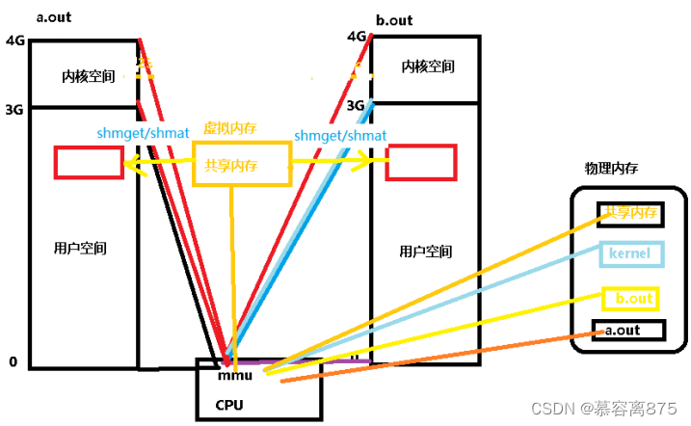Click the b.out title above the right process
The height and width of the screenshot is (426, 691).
point(395,19)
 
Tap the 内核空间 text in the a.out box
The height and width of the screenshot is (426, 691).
point(89,75)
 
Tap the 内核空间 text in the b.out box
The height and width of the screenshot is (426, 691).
point(428,67)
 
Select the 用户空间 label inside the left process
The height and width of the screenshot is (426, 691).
point(80,249)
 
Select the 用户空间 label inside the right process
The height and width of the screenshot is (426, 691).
point(426,252)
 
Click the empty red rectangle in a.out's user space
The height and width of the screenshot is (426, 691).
point(89,162)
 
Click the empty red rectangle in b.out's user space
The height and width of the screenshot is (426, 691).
point(420,163)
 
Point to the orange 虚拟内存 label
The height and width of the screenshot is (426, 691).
point(229,128)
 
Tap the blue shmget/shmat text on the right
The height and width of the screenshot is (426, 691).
point(340,136)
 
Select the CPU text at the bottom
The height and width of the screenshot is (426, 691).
point(229,404)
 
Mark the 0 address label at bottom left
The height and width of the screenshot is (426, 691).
point(13,362)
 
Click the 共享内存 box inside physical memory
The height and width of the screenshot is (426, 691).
point(630,213)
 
